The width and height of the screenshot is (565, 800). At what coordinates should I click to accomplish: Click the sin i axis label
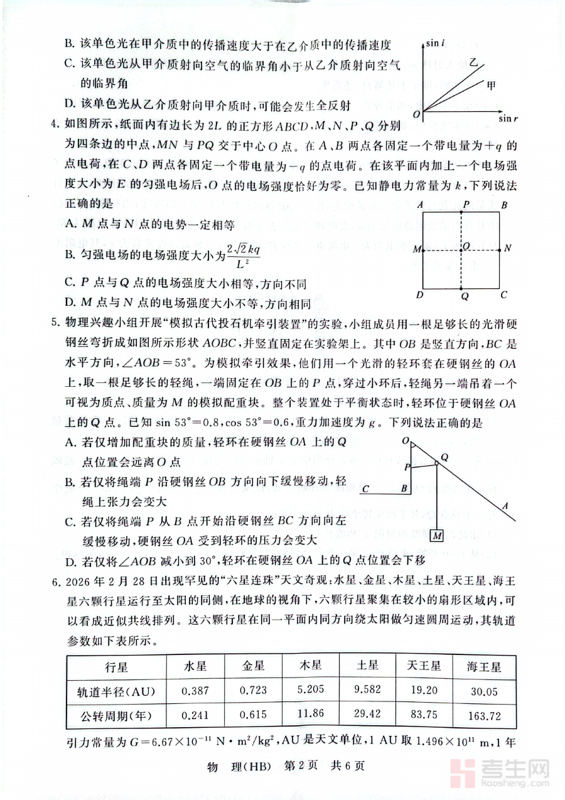pyautogui.click(x=434, y=43)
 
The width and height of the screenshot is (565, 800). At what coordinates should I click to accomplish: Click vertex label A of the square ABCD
pyautogui.click(x=419, y=205)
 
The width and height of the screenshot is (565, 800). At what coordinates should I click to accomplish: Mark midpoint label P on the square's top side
pyautogui.click(x=466, y=204)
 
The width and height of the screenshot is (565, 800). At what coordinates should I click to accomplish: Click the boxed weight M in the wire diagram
pyautogui.click(x=437, y=535)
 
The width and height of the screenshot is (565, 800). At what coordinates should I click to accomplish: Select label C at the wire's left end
pyautogui.click(x=365, y=489)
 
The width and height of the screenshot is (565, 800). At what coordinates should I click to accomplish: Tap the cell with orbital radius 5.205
pyautogui.click(x=311, y=690)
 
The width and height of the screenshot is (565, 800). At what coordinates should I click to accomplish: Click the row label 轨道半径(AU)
pyautogui.click(x=116, y=691)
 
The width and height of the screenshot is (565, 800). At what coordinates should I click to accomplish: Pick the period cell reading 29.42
pyautogui.click(x=367, y=715)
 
